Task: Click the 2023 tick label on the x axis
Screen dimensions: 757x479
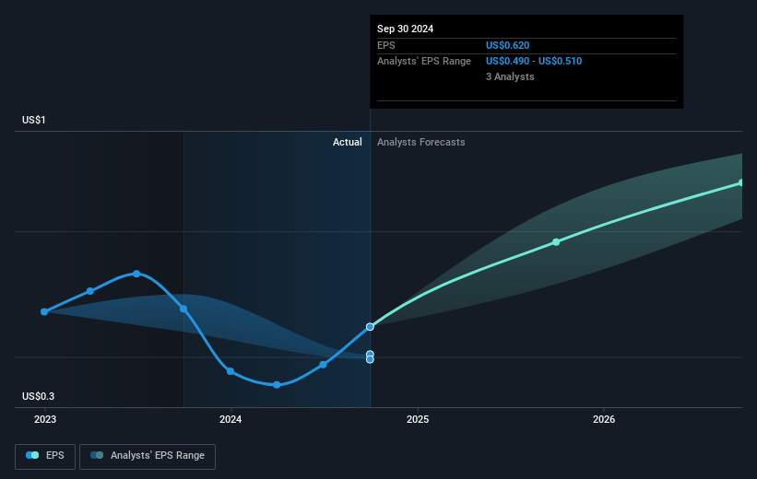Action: (45, 419)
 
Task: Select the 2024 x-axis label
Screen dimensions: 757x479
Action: (231, 419)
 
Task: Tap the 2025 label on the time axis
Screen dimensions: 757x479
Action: (418, 419)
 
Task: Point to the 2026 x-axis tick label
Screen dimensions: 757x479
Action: (604, 419)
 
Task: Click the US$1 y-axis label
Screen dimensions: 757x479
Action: (34, 120)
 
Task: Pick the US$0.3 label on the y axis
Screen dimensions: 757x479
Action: (38, 396)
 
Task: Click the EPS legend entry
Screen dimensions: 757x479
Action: (45, 456)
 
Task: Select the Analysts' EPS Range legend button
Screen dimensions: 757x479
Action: (148, 456)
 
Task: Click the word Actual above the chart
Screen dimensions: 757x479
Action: (347, 142)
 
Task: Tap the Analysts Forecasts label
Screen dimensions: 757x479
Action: (421, 142)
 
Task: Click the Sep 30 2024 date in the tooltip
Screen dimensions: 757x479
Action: (405, 29)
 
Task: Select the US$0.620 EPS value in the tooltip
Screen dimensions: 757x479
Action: (507, 45)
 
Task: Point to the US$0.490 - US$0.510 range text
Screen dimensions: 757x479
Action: (534, 62)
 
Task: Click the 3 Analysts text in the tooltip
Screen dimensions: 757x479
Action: (510, 76)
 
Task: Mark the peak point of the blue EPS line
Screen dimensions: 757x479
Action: (136, 274)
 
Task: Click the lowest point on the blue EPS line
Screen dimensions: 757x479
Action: (277, 385)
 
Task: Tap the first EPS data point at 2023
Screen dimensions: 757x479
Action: (44, 311)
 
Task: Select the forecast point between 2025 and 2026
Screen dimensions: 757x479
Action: (556, 241)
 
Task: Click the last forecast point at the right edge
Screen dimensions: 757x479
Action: (741, 182)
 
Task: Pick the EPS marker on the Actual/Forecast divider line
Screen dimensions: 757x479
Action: (370, 327)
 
